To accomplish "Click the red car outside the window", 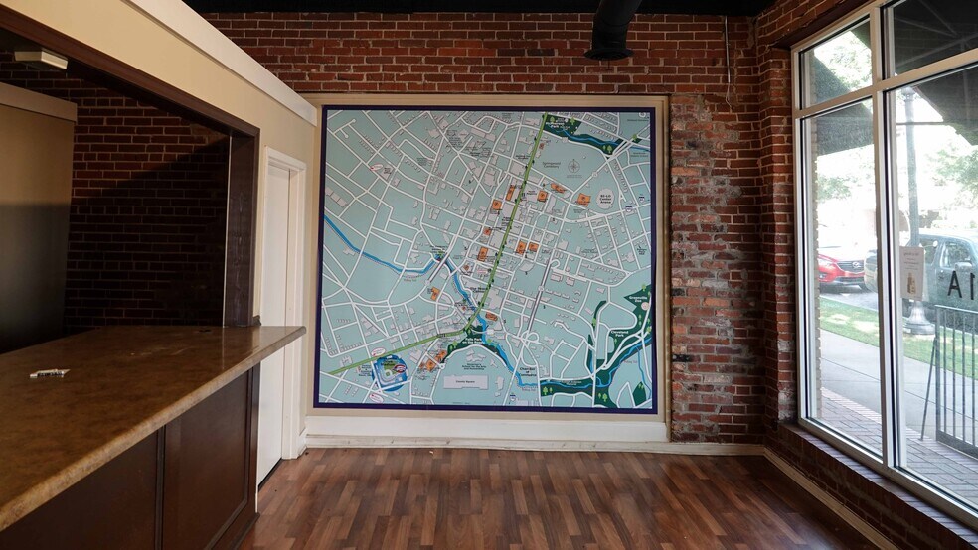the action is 841,267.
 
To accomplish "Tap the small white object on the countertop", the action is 49,373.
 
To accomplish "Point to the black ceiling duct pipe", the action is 612,28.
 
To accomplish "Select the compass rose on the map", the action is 573,166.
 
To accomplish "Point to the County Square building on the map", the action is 460,381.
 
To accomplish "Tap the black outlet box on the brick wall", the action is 681,357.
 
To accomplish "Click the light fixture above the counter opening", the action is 41,60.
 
